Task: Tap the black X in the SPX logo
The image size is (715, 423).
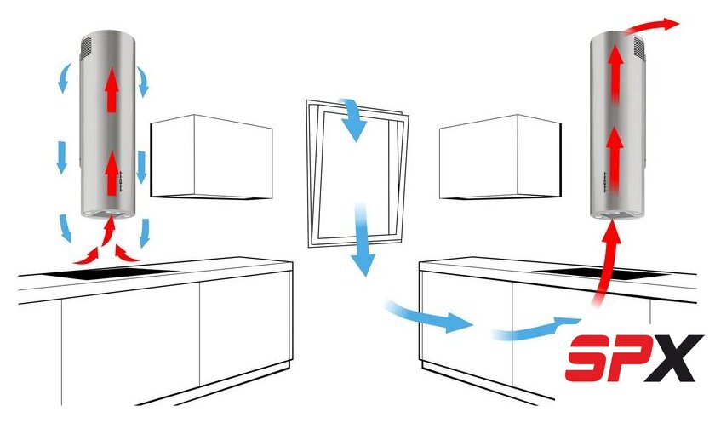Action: click(675, 358)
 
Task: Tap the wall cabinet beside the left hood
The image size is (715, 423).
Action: click(212, 157)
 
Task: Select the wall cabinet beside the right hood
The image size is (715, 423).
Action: click(500, 157)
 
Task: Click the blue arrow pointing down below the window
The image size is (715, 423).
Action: click(363, 239)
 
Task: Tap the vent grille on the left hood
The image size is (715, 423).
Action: click(86, 47)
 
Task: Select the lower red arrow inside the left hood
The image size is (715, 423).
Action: click(111, 174)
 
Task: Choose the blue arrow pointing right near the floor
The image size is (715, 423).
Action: click(429, 316)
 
